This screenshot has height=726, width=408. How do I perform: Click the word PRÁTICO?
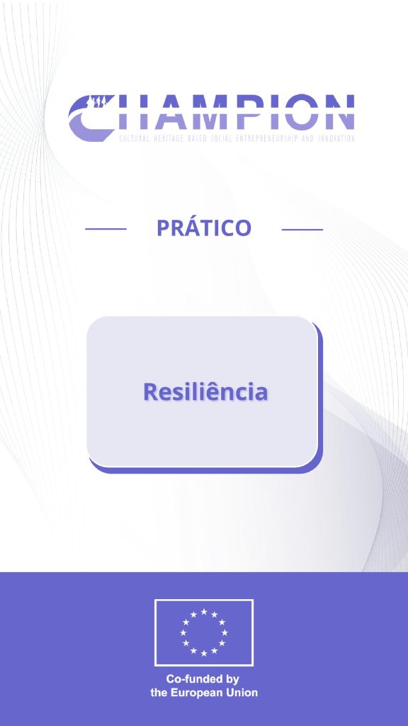click(204, 227)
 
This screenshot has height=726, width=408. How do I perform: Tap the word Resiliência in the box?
click(205, 391)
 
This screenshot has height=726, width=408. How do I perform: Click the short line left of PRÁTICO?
click(106, 229)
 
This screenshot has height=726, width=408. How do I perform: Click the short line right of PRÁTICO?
click(302, 229)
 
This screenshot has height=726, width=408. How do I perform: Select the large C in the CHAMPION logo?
click(89, 118)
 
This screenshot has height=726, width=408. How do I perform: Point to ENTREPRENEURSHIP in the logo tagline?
click(266, 138)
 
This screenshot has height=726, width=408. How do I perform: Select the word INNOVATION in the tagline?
click(336, 138)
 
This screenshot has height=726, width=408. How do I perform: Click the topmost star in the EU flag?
click(204, 612)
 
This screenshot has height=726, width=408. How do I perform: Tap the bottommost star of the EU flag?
click(204, 653)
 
